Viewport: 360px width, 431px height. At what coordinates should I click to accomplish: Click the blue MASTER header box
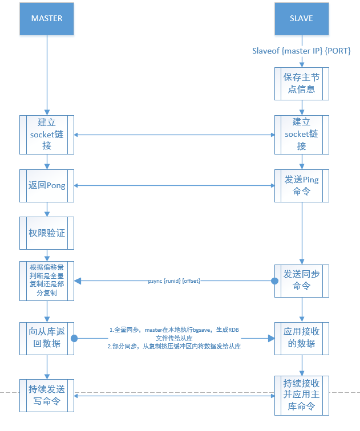(47, 18)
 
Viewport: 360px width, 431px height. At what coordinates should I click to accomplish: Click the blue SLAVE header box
(301, 18)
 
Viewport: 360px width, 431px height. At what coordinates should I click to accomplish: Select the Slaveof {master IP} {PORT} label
(301, 51)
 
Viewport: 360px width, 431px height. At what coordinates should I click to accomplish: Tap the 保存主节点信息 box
(301, 83)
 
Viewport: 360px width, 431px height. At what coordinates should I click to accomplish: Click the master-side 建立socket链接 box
(47, 134)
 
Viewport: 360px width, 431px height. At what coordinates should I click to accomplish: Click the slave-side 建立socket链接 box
(301, 134)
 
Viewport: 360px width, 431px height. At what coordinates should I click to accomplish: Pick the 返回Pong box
(47, 186)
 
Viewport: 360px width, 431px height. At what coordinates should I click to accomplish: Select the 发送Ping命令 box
(301, 186)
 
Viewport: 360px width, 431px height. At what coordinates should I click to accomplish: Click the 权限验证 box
(47, 233)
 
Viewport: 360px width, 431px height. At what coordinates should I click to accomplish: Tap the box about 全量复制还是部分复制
(47, 280)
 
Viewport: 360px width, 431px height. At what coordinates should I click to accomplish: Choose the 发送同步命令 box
(301, 280)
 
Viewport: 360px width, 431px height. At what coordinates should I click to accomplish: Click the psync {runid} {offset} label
(174, 280)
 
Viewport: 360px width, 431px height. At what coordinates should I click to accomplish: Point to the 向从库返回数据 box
(47, 339)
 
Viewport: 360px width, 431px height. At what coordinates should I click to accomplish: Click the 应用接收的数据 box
(301, 339)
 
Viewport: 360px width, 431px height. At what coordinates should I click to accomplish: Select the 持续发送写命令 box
(47, 395)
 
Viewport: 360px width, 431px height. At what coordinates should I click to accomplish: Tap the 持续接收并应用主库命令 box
(301, 395)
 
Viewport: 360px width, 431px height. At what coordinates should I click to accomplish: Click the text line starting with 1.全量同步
(174, 330)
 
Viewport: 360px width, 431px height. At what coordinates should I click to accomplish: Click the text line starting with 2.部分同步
(174, 347)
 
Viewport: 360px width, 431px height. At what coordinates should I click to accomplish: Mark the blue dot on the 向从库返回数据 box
(74, 339)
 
